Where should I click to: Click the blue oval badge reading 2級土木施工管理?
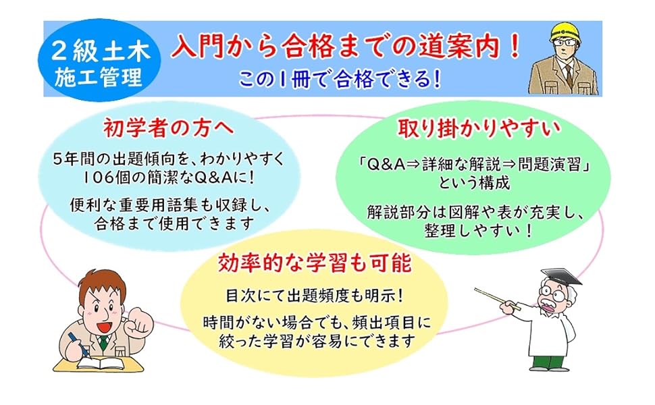pyautogui.click(x=99, y=59)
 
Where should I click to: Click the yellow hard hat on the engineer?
pyautogui.click(x=565, y=32)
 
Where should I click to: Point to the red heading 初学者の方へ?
pyautogui.click(x=168, y=129)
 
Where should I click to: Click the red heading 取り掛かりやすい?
pyautogui.click(x=478, y=129)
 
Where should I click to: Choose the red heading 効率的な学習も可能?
pyautogui.click(x=315, y=263)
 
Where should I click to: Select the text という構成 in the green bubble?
pyautogui.click(x=474, y=184)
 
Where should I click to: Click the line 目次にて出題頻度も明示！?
pyautogui.click(x=315, y=296)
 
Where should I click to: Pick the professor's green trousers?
pyautogui.click(x=548, y=362)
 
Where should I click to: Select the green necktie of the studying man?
pyautogui.click(x=103, y=342)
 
